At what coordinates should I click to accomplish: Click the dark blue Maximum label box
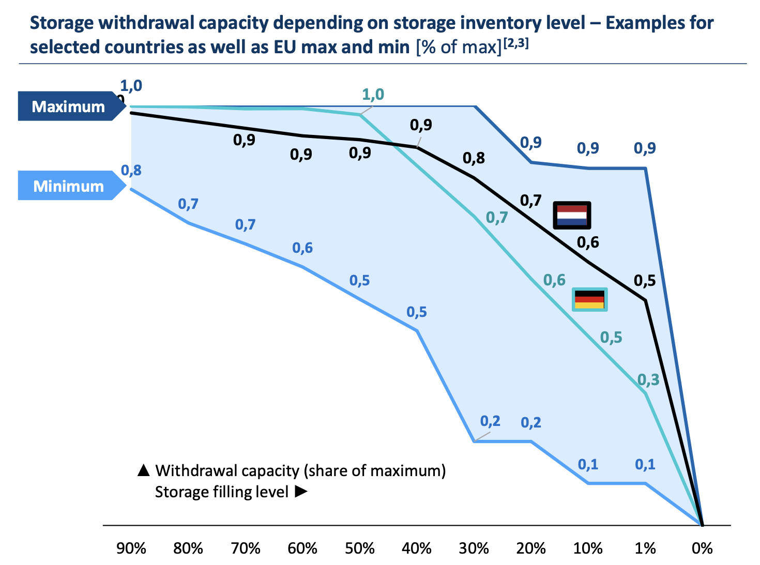pos(69,106)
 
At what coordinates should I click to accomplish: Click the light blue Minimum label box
pos(69,186)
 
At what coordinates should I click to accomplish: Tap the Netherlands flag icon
pos(572,215)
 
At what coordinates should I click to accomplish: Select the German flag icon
pos(589,299)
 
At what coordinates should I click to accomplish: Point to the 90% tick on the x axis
pos(131,548)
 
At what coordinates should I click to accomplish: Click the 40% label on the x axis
pos(417,548)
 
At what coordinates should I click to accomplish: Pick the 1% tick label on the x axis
pos(645,548)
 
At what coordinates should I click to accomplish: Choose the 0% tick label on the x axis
pos(702,548)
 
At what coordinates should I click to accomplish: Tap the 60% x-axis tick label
pos(302,548)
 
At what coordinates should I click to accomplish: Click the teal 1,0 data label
pos(373,95)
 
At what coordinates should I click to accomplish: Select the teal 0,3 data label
pos(648,380)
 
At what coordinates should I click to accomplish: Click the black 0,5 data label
pos(645,281)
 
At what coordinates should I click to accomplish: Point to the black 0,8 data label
pos(474,158)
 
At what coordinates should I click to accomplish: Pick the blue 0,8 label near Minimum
pos(131,170)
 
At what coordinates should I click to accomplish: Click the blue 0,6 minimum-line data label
pos(302,248)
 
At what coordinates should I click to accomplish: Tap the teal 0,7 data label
pos(497,218)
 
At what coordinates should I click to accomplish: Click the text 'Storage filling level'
pos(222,492)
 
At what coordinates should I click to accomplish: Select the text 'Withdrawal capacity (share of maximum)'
pos(300,471)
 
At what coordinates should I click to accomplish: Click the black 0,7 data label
pos(530,201)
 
